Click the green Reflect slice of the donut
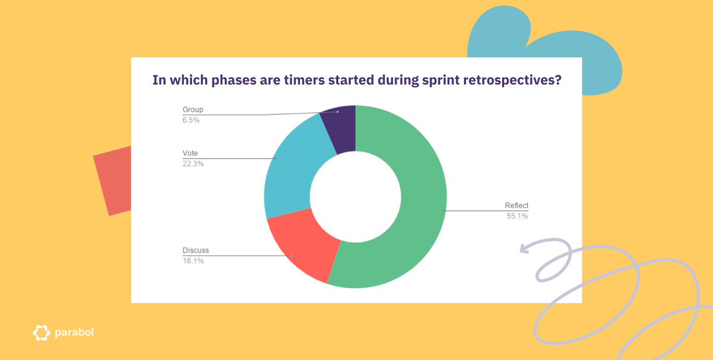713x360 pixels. pyautogui.click(x=418, y=209)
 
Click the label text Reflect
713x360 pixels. pyautogui.click(x=516, y=205)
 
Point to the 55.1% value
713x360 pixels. pyautogui.click(x=517, y=216)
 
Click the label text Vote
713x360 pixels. pyautogui.click(x=190, y=153)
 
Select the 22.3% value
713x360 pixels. pyautogui.click(x=193, y=164)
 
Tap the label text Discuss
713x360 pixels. pyautogui.click(x=195, y=250)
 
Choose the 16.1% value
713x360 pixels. pyautogui.click(x=193, y=261)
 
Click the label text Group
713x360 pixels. pyautogui.click(x=193, y=110)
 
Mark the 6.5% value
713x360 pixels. pyautogui.click(x=191, y=120)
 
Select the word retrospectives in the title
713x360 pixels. pyautogui.click(x=506, y=80)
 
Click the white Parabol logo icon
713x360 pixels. pyautogui.click(x=41, y=333)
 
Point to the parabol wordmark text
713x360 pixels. pyautogui.click(x=74, y=332)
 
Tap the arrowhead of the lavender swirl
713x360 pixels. pyautogui.click(x=523, y=248)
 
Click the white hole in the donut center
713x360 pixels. pyautogui.click(x=355, y=197)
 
